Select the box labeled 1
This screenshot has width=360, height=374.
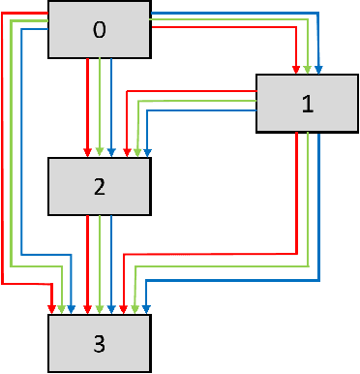[x=307, y=103]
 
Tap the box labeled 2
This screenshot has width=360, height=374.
[x=99, y=186]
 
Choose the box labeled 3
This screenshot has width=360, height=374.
[x=99, y=342]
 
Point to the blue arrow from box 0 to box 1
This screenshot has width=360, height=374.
[x=242, y=13]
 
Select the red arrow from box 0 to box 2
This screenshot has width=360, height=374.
[x=88, y=107]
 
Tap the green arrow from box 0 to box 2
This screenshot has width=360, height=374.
[x=100, y=107]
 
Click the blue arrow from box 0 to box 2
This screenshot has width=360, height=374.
[x=111, y=107]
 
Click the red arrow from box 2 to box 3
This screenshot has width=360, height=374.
[x=88, y=262]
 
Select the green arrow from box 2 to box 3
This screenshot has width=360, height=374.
[x=100, y=262]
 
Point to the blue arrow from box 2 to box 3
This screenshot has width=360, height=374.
[x=111, y=262]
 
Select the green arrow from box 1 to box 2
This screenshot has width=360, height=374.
[x=194, y=100]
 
